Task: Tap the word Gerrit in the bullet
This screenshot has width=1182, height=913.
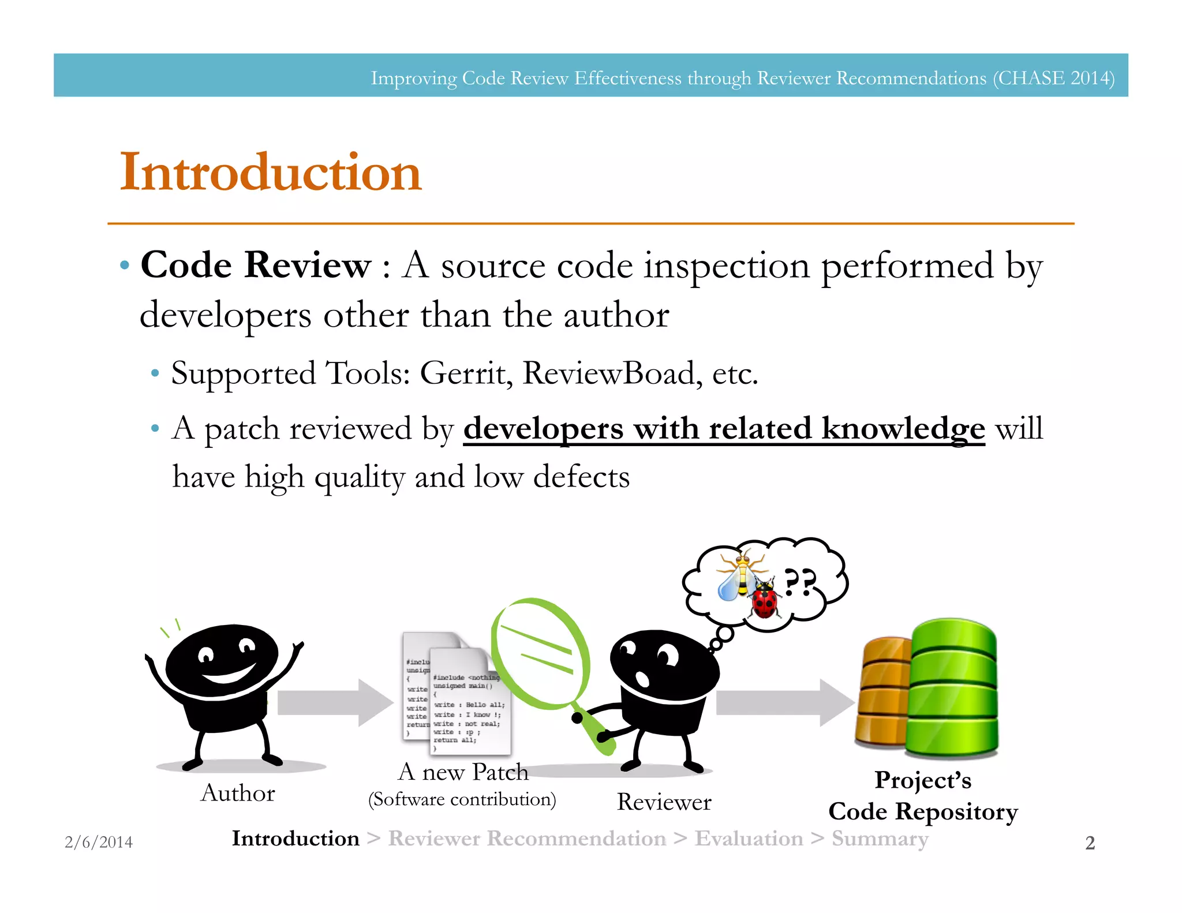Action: click(465, 373)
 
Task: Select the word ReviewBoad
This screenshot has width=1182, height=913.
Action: click(612, 373)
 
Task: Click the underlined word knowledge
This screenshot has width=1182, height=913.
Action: click(903, 429)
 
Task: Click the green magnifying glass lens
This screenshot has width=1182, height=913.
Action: click(540, 652)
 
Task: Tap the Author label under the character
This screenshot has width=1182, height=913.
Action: click(238, 793)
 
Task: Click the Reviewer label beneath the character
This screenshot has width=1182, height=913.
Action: click(664, 802)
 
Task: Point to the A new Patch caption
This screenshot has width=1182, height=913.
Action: click(463, 772)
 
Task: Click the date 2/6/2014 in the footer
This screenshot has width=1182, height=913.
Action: click(99, 842)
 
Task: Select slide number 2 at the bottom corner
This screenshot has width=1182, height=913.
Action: click(1090, 843)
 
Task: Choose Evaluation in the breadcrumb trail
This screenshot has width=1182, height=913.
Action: click(749, 838)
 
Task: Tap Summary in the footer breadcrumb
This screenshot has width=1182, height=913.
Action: click(880, 838)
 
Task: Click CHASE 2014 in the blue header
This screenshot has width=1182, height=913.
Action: click(1053, 78)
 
